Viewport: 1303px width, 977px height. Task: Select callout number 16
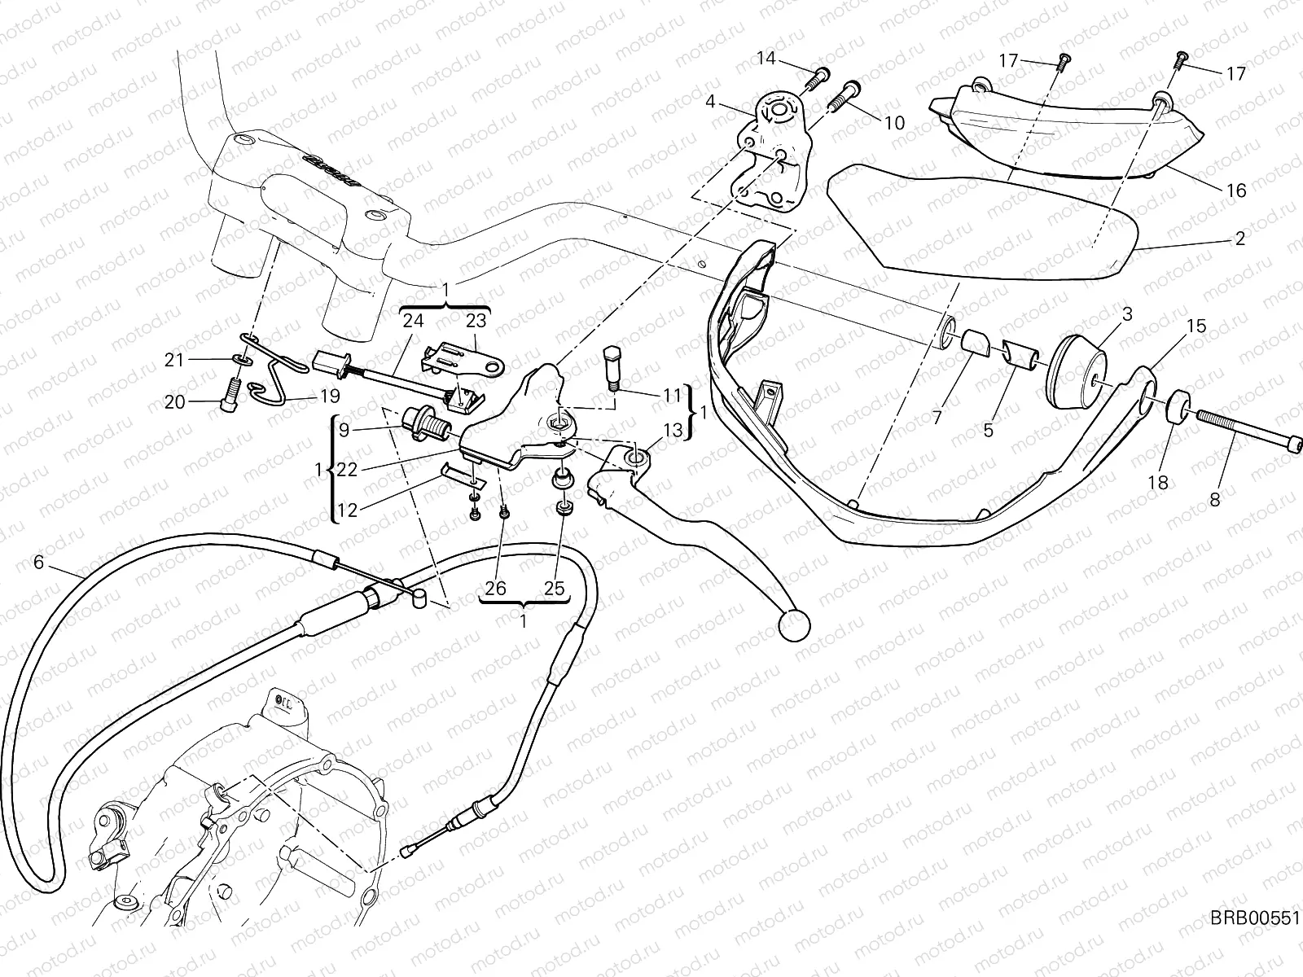click(x=1235, y=191)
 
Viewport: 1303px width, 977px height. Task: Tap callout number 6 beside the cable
click(x=37, y=563)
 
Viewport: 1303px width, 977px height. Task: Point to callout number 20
click(x=174, y=402)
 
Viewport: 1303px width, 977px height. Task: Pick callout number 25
click(x=555, y=588)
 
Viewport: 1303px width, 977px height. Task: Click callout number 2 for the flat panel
click(x=1239, y=239)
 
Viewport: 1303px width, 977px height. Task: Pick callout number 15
click(x=1196, y=326)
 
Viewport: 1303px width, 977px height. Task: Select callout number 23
click(x=476, y=321)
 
